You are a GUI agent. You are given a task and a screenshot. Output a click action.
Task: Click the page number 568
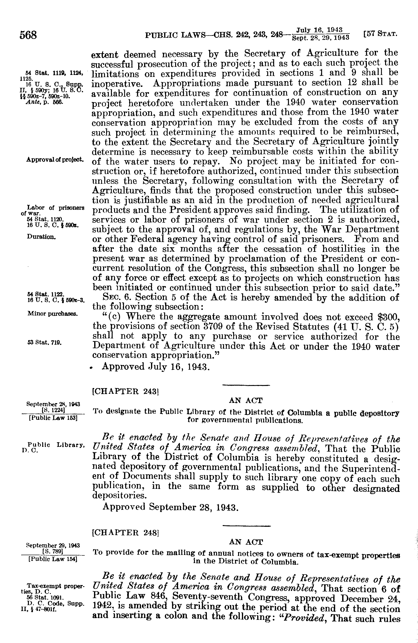28,35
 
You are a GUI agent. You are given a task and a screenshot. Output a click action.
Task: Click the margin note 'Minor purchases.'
53,314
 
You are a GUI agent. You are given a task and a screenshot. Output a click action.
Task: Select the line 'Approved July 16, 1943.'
156,367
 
